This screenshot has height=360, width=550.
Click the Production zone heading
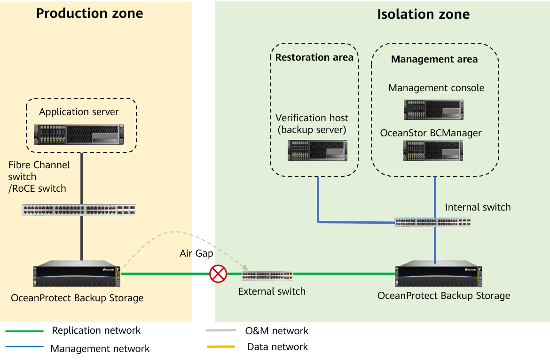[89, 13]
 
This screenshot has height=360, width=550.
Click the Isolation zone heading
[423, 14]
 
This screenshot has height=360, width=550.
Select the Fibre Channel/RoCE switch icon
[79, 210]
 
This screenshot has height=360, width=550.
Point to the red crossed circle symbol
[218, 274]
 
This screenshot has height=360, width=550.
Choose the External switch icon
[267, 275]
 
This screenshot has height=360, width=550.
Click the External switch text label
[272, 291]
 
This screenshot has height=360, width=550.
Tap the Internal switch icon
[432, 222]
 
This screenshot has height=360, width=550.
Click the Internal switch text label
[477, 207]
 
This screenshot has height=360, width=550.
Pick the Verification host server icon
[317, 150]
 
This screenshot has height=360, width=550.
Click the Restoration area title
[314, 57]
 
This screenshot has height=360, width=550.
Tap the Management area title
[434, 59]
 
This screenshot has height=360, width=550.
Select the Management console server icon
[433, 110]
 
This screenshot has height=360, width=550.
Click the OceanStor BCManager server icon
[433, 151]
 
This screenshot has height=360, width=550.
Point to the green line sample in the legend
[24, 331]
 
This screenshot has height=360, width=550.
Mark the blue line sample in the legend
[24, 347]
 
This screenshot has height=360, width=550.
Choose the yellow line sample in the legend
[220, 347]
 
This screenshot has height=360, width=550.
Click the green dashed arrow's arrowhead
[245, 267]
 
